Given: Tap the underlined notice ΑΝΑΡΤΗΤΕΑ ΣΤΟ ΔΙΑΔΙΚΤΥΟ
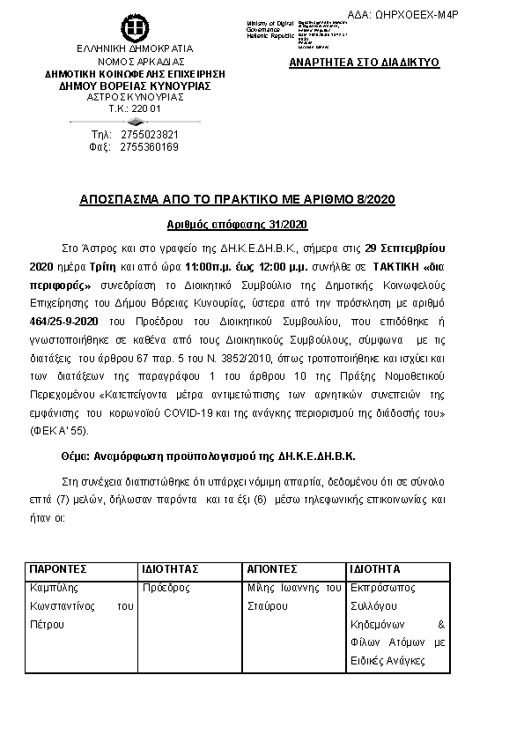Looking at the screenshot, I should [x=364, y=63].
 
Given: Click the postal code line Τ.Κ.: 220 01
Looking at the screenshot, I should [x=135, y=108].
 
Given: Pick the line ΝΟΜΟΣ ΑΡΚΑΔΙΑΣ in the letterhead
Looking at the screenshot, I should [x=135, y=62].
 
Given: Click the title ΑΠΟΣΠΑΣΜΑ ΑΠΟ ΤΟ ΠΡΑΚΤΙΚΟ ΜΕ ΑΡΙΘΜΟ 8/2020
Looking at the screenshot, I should [x=262, y=200].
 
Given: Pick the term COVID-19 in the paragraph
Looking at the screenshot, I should [x=276, y=413].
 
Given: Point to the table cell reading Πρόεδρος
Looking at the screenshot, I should [x=166, y=587].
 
